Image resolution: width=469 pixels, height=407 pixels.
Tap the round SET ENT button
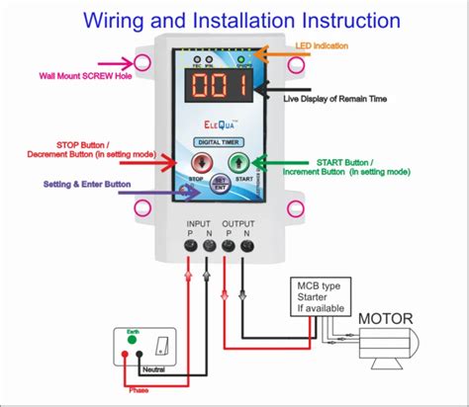[x=221, y=182]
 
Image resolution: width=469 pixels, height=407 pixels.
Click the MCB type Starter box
[x=317, y=297]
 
